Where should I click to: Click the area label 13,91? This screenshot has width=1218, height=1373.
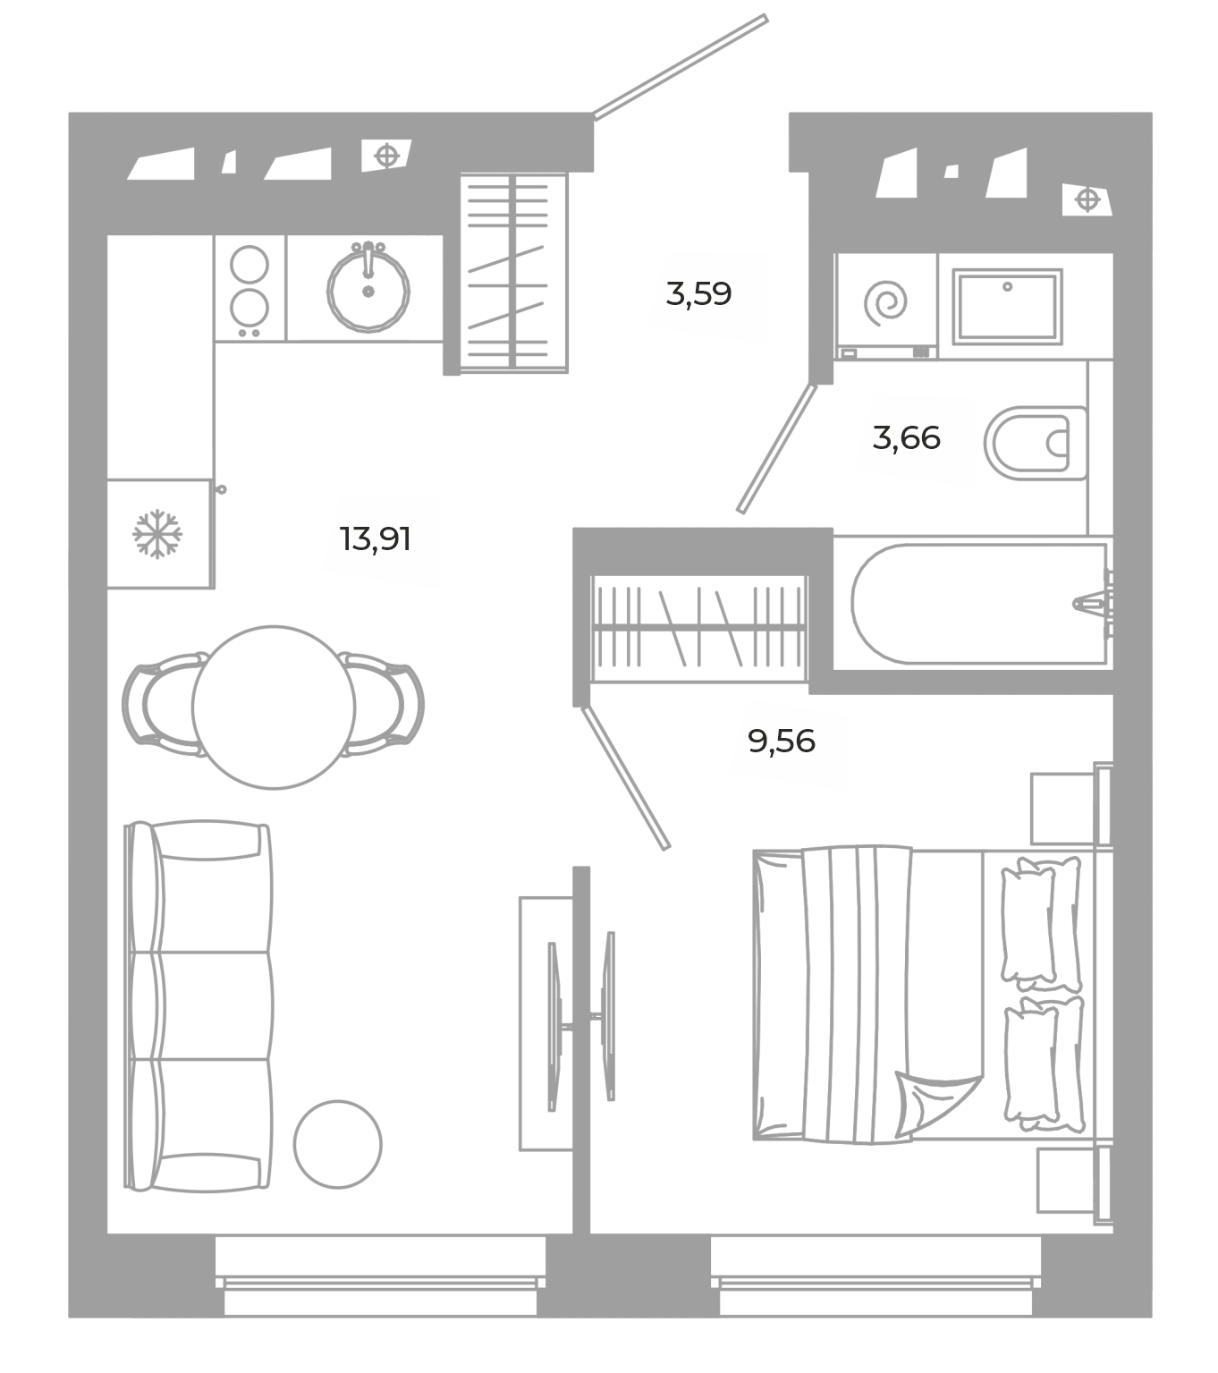click(x=376, y=539)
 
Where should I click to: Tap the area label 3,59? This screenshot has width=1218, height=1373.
click(x=698, y=294)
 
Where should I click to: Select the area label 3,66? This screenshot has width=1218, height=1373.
click(x=906, y=437)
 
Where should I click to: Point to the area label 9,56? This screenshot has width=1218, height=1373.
click(x=781, y=741)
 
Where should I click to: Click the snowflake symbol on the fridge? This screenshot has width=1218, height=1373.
click(x=157, y=534)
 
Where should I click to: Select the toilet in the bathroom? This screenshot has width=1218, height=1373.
click(x=1035, y=444)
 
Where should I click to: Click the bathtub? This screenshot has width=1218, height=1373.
click(x=980, y=603)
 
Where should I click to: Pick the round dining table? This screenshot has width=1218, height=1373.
click(x=273, y=707)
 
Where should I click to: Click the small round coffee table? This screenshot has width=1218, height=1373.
click(x=337, y=1144)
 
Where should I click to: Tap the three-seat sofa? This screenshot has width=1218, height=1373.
click(x=199, y=1006)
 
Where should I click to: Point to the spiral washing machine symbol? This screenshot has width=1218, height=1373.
click(x=885, y=302)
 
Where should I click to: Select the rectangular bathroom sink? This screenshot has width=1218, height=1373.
click(x=1007, y=306)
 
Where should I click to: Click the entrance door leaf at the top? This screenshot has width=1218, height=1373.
click(x=681, y=67)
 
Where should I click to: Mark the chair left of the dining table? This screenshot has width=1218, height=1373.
click(x=163, y=705)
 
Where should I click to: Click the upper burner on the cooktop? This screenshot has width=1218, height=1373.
click(x=250, y=264)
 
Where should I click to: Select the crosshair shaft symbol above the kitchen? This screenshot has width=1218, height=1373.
click(x=387, y=156)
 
